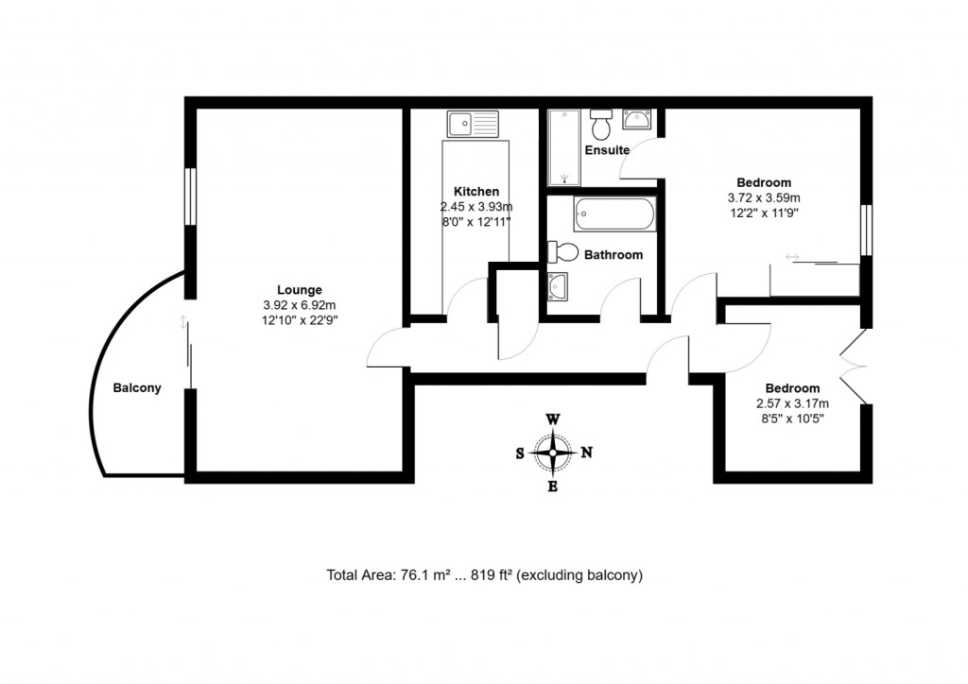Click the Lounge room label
pos(299,290)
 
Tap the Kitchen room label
pos(475,192)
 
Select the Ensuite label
pos(606,150)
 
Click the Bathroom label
pos(613,255)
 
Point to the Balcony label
pos(137,388)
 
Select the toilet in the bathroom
pos(562,252)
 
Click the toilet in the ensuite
pos(601,123)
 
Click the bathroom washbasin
pos(557,285)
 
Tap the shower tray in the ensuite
pos(563,147)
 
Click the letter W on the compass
pos(553,419)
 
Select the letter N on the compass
pos(586,453)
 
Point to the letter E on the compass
pos(553,487)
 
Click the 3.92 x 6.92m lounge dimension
pos(300,305)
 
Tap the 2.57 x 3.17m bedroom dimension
pos(792,403)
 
